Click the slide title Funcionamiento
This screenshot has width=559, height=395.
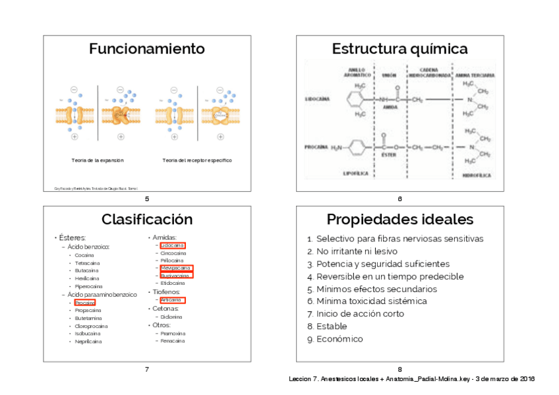[146, 49]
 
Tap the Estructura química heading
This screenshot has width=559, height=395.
[399, 49]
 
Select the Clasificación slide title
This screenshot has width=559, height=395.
[146, 220]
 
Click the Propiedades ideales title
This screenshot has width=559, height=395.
[399, 220]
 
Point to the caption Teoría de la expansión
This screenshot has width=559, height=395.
[98, 160]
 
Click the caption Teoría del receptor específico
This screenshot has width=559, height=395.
[197, 160]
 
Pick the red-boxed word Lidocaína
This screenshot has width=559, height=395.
[172, 245]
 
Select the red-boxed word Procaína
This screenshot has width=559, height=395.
[84, 303]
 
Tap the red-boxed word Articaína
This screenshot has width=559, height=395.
[172, 300]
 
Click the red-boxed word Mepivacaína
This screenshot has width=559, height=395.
[175, 268]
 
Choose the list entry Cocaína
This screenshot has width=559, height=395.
[84, 255]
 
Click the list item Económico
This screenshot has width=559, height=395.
[339, 339]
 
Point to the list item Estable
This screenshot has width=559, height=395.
[331, 326]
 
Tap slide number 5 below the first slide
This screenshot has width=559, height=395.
[146, 199]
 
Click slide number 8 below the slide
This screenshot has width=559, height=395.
[399, 369]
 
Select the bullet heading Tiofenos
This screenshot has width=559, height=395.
[166, 291]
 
